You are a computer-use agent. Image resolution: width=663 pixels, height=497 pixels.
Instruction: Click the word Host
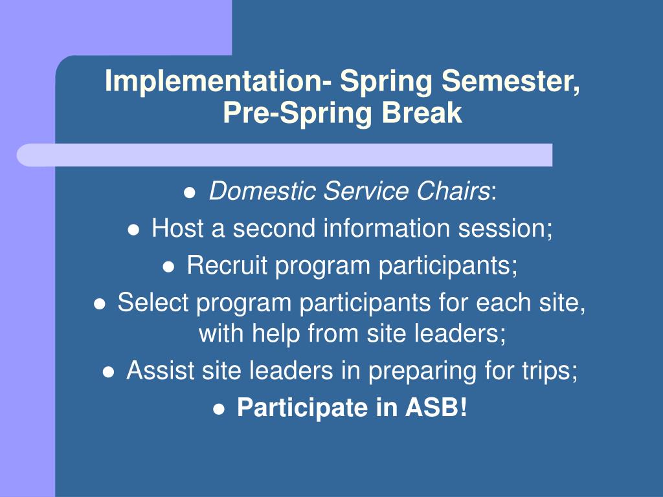point(177,228)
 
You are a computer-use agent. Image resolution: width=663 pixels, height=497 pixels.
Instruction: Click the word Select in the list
point(153,302)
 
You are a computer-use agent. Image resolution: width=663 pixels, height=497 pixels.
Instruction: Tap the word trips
point(551,371)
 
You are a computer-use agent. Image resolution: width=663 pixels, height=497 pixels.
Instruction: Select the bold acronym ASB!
point(436,408)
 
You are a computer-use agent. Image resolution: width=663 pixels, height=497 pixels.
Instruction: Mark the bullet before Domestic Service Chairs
point(190,193)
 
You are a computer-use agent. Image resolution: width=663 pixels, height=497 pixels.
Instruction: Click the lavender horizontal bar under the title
point(285,155)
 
